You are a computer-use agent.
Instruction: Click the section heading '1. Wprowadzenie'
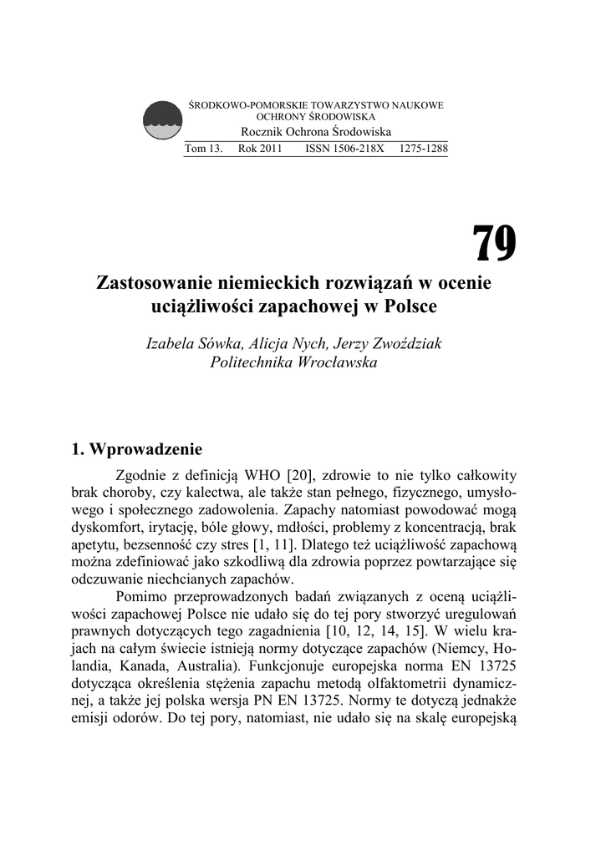click(138, 451)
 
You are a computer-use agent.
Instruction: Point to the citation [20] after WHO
click(298, 473)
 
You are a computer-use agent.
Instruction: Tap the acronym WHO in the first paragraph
click(262, 473)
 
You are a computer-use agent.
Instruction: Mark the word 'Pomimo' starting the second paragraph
click(141, 596)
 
